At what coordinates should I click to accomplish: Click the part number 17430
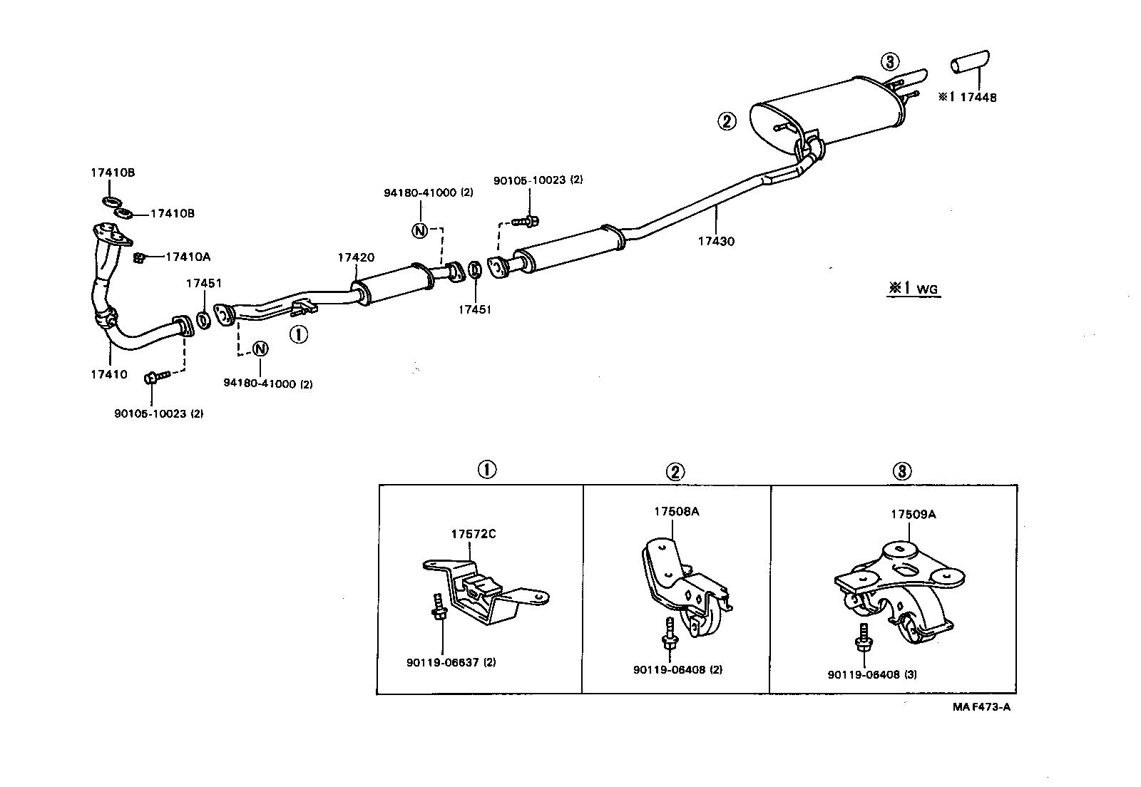coord(716,241)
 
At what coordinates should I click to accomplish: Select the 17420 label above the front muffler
coord(356,257)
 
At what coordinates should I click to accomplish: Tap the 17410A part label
coord(188,257)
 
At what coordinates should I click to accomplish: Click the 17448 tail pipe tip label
coord(978,97)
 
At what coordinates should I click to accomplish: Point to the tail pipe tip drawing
coord(970,62)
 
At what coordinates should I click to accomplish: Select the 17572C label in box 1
coord(474,534)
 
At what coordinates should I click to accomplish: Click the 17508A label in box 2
coord(677,512)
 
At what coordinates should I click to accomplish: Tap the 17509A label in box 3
coord(914,514)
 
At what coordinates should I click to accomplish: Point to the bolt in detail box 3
coord(864,638)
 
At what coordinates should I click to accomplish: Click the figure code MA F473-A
coord(981,707)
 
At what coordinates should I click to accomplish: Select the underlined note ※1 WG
coord(914,289)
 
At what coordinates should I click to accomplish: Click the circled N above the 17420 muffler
coord(419,230)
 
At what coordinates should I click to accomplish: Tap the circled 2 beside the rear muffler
coord(727,122)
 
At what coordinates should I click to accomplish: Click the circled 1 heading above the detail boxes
coord(486,469)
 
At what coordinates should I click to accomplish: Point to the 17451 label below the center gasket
coord(475,309)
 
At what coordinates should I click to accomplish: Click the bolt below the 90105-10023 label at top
coord(526,222)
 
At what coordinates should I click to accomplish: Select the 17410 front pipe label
coord(109,374)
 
